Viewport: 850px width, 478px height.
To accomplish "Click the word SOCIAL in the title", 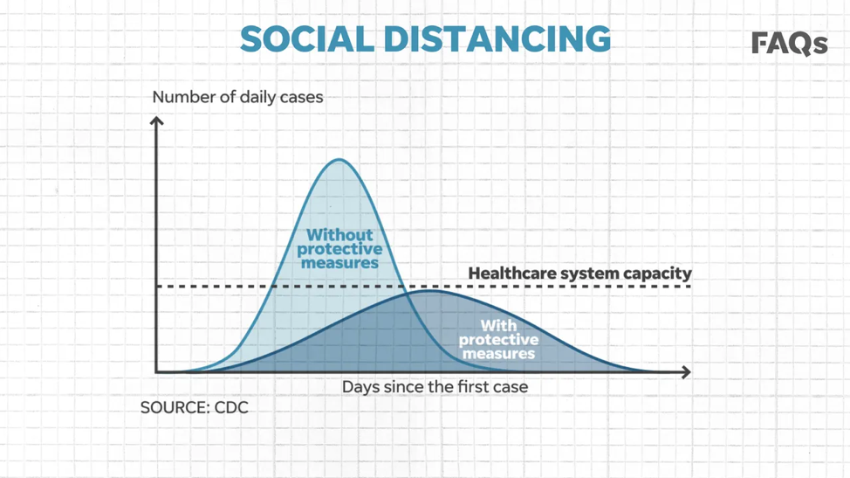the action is (307, 38).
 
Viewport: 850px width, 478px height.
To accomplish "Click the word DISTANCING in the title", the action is (497, 38).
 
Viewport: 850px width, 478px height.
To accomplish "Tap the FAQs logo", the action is (789, 44).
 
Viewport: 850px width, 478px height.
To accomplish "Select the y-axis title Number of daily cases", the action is (237, 97).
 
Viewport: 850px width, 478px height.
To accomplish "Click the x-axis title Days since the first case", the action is (435, 387).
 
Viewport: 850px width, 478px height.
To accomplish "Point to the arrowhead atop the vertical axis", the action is (157, 121).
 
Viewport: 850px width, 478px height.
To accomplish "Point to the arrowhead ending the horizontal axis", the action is (686, 372).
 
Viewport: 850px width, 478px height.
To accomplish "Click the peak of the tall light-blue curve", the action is (339, 160).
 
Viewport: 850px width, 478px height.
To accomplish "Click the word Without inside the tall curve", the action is (339, 235).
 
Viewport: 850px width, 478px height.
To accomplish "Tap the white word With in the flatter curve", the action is (498, 326).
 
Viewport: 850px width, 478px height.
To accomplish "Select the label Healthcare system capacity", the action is (579, 273).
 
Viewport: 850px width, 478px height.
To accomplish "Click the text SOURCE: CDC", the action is (195, 407).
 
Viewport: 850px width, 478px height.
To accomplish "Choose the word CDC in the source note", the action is (231, 407).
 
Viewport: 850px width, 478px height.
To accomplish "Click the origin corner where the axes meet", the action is (157, 372).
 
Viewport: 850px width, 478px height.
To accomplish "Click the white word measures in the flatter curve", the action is (498, 354).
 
